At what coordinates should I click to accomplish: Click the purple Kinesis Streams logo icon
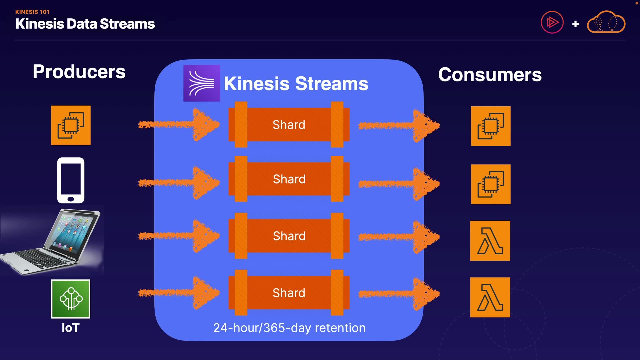click(202, 83)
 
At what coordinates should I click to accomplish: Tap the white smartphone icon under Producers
click(71, 180)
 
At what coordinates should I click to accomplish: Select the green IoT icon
click(71, 299)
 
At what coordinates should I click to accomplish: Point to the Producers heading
click(79, 72)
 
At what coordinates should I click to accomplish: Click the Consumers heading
click(490, 75)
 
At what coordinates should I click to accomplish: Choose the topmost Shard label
click(289, 125)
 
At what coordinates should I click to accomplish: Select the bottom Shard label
click(289, 293)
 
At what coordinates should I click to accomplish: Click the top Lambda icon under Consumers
click(490, 241)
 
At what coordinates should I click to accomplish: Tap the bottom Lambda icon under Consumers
click(490, 297)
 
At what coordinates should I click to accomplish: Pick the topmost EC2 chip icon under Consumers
click(491, 126)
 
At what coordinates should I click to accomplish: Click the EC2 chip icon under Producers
click(71, 125)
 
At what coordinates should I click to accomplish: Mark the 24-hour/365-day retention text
click(289, 328)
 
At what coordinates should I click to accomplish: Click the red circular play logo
click(552, 22)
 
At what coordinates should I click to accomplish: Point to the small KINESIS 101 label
click(32, 12)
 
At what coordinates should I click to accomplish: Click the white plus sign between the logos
click(575, 24)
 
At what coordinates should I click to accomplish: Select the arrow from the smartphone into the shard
click(179, 183)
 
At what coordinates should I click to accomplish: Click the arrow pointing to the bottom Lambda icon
click(399, 294)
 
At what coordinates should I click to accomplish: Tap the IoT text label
click(71, 328)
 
